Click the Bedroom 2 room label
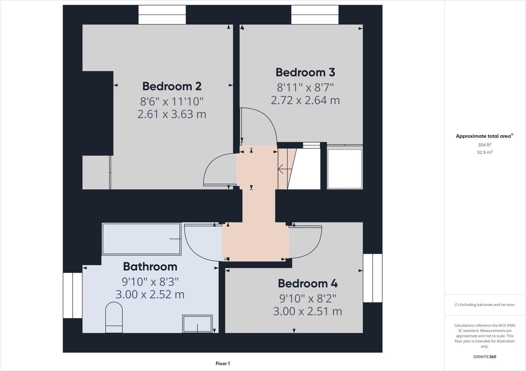click(172, 86)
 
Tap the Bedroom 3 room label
click(305, 72)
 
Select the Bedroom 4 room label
click(307, 284)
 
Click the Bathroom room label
click(150, 267)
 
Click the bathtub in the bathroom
click(142, 239)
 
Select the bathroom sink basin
click(197, 324)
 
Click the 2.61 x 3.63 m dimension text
click(172, 114)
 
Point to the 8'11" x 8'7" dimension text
click(305, 88)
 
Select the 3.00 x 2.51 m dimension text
click(307, 311)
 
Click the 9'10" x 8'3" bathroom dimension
click(150, 282)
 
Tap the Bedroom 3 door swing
click(259, 126)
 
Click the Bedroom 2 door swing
click(218, 169)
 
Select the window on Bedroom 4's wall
click(372, 278)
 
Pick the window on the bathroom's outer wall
click(73, 295)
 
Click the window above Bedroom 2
click(162, 15)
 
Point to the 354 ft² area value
click(484, 145)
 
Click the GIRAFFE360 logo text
click(484, 357)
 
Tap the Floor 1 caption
click(223, 364)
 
